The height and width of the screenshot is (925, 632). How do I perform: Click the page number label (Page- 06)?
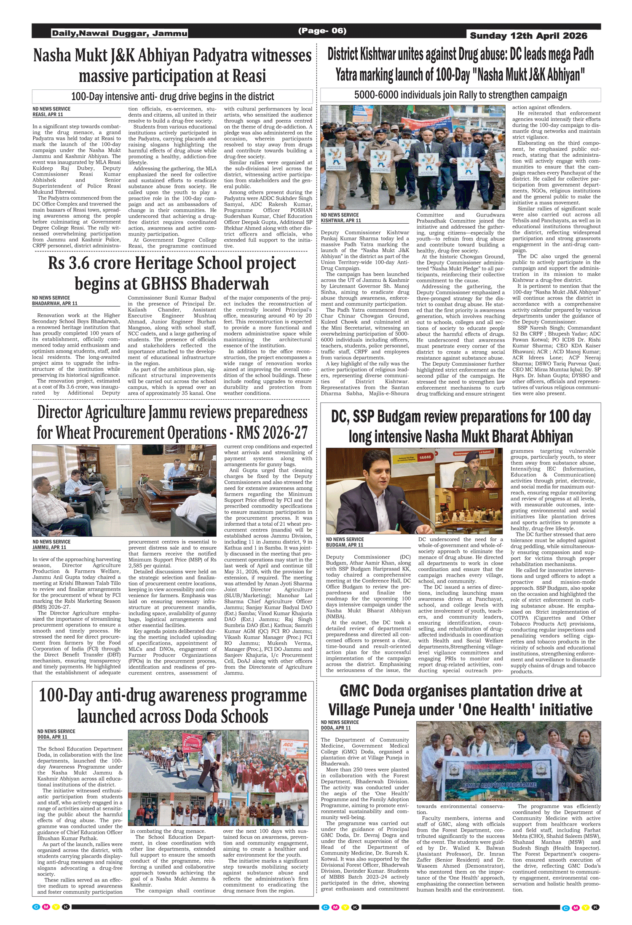322,31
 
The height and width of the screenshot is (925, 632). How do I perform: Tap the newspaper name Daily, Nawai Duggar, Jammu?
119,33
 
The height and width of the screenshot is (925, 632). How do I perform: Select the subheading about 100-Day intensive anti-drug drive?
172,96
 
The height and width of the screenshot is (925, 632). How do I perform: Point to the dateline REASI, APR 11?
48,115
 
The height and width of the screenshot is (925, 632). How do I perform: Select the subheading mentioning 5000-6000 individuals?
460,95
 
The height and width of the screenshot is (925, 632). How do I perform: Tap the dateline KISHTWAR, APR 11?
341,221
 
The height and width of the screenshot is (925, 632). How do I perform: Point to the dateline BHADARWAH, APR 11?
55,303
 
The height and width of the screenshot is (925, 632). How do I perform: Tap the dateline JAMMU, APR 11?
49,547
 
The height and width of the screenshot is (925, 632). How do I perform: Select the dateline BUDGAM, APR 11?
345,545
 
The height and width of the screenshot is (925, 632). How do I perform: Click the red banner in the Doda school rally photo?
192,743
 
